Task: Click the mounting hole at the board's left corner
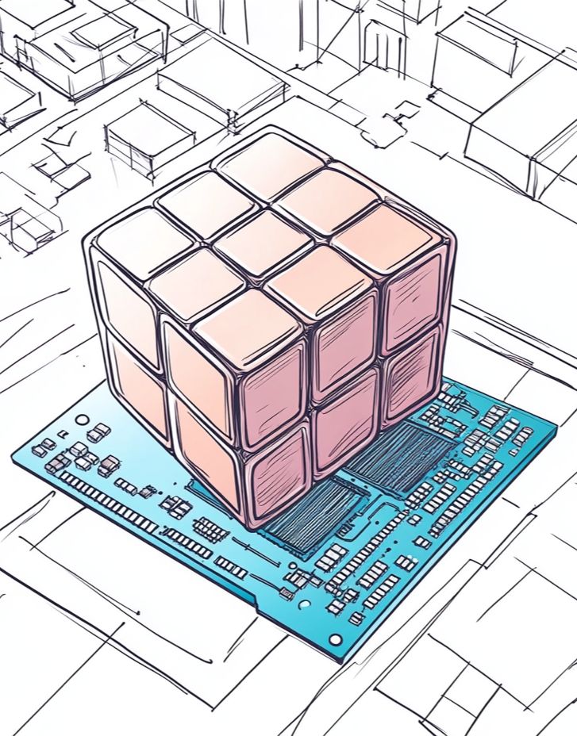point(81,419)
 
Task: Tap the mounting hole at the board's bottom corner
point(336,638)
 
